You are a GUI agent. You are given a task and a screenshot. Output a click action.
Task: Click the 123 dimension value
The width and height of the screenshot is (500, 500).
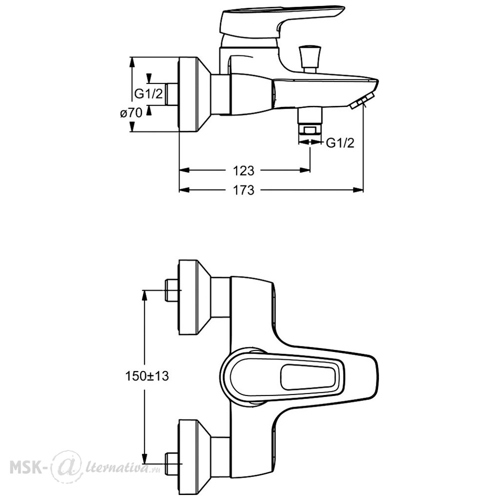pos(243,170)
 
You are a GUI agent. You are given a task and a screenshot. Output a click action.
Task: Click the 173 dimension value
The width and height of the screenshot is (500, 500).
pos(243,190)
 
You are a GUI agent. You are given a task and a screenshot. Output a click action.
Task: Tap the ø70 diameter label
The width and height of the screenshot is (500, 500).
pos(131,113)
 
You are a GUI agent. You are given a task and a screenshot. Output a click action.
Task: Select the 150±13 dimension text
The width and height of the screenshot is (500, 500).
pos(146,376)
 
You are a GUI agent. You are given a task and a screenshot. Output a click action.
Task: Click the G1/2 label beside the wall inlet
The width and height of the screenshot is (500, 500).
pos(148,94)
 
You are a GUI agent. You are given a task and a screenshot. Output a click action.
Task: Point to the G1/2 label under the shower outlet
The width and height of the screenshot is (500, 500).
pos(340,143)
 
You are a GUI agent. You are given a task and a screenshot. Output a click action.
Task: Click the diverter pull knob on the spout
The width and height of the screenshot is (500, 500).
pos(309,59)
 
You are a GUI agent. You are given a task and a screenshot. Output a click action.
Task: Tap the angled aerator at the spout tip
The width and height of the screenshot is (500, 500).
pos(362,101)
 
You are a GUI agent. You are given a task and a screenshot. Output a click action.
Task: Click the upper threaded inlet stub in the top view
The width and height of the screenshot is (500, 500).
pos(171,290)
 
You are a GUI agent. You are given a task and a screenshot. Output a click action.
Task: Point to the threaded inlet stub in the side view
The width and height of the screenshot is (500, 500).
pos(172,94)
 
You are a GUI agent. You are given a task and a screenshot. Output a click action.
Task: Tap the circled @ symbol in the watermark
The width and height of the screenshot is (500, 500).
pos(64,468)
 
